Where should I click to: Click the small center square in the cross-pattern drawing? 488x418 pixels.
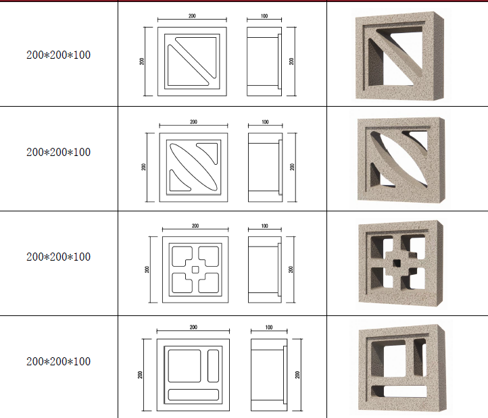click(195, 269)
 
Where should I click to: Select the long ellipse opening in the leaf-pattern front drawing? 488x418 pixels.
click(193, 167)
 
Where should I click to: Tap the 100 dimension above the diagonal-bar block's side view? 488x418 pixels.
click(264, 16)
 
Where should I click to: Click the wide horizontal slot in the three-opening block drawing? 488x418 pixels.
click(193, 394)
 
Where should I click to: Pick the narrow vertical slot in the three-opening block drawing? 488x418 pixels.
click(213, 366)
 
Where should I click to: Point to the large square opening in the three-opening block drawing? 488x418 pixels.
click(185, 366)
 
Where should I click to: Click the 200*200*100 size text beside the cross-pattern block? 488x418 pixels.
click(59, 257)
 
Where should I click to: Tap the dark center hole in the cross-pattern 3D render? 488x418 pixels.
click(397, 263)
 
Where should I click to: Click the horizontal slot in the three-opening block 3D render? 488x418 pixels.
click(399, 391)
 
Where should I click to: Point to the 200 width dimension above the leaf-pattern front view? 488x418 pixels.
click(193, 122)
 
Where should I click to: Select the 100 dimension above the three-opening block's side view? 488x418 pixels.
click(269, 328)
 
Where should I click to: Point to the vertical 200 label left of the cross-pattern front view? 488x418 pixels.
click(147, 269)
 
